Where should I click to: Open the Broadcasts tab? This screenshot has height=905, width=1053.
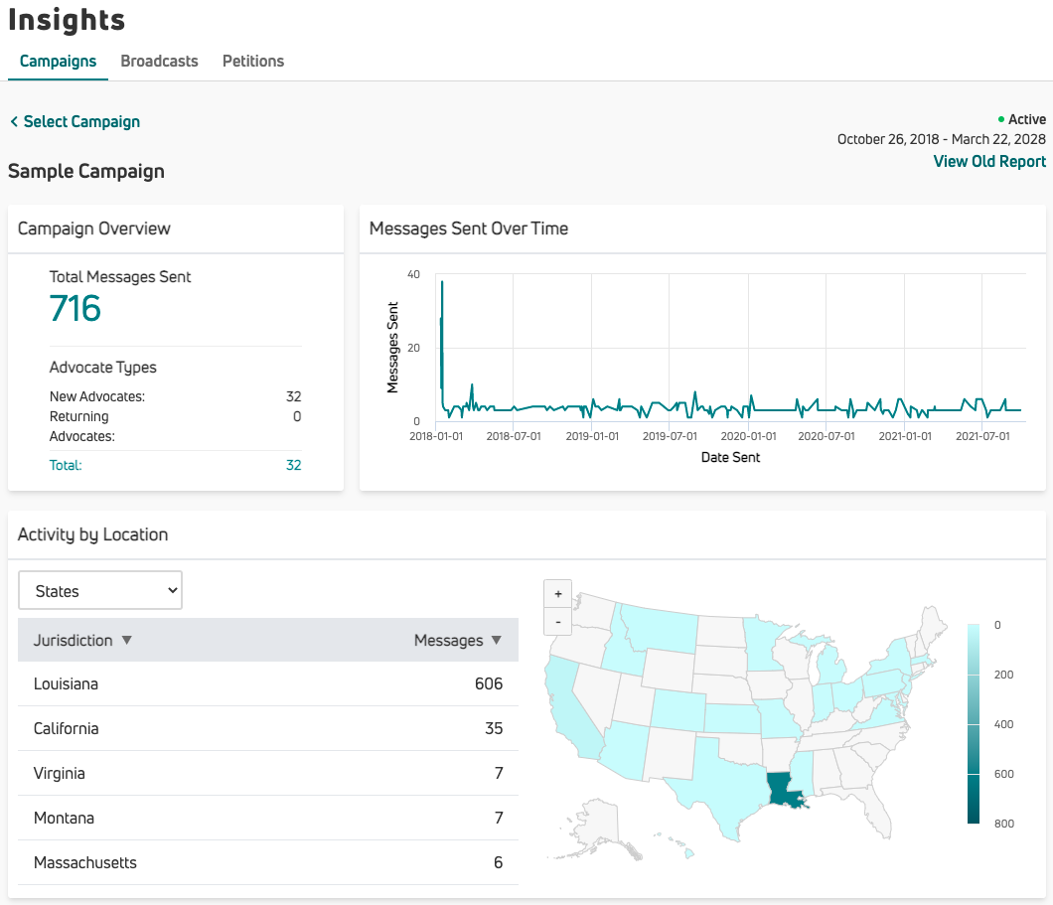tap(159, 61)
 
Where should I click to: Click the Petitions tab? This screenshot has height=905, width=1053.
tap(252, 61)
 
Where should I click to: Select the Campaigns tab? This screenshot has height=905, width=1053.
tap(58, 61)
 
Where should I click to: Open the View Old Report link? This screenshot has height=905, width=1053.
tap(989, 161)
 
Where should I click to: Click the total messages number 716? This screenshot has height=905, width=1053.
tap(75, 308)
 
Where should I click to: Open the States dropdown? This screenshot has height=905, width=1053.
tap(100, 590)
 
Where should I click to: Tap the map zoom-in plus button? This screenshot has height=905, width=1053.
tap(558, 594)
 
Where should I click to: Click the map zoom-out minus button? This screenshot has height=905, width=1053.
tap(558, 622)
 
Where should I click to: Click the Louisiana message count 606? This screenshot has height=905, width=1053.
tap(489, 683)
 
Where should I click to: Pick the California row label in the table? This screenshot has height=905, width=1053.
tap(66, 728)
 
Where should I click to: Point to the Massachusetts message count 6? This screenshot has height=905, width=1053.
tap(498, 862)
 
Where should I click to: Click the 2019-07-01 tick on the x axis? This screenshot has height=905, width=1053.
tap(669, 436)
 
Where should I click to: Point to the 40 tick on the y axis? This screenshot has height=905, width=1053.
tap(413, 274)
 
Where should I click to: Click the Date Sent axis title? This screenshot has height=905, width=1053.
tap(730, 457)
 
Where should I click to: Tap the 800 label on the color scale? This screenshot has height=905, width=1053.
tap(1002, 824)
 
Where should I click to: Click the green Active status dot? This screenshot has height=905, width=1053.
tap(1001, 119)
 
